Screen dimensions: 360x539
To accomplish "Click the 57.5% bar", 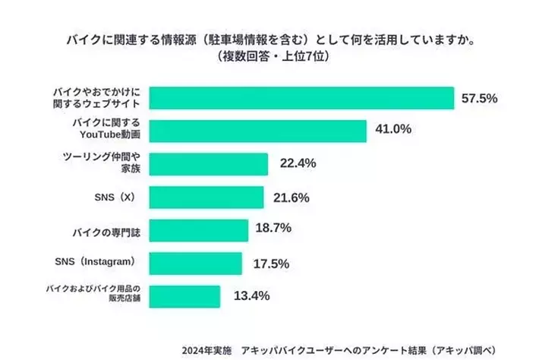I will pyautogui.click(x=301, y=98).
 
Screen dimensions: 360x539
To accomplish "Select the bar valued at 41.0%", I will pyautogui.click(x=258, y=131).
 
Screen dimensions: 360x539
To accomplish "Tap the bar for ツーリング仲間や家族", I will pyautogui.click(x=209, y=164).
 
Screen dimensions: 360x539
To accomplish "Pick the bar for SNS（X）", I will pyautogui.click(x=206, y=197).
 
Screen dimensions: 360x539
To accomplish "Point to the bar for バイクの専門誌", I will pyautogui.click(x=199, y=230).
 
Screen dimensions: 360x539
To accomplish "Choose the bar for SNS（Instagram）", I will pyautogui.click(x=196, y=263).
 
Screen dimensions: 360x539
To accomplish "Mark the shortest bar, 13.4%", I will pyautogui.click(x=185, y=296).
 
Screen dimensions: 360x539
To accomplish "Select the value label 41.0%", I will pyautogui.click(x=393, y=129).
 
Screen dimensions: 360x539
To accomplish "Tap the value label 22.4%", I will pyautogui.click(x=295, y=163).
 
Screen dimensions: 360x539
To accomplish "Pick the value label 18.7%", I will pyautogui.click(x=274, y=228).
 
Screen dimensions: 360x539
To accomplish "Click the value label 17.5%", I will pyautogui.click(x=268, y=262).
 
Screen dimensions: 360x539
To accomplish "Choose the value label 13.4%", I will pyautogui.click(x=247, y=295).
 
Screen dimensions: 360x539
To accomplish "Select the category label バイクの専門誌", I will pyautogui.click(x=107, y=229).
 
